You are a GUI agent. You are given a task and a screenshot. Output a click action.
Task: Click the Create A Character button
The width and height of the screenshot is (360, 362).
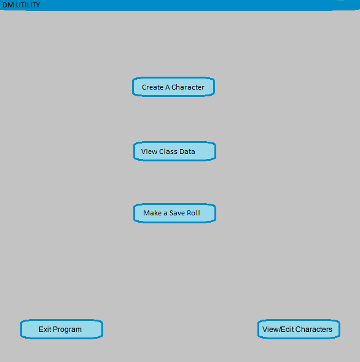[x=173, y=87]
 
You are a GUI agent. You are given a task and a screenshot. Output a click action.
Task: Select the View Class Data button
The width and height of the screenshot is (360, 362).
[x=174, y=151]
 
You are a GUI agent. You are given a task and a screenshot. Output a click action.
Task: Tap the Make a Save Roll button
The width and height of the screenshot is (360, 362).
[x=174, y=213]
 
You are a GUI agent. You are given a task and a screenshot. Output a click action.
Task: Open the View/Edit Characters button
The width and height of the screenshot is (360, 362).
[x=299, y=329]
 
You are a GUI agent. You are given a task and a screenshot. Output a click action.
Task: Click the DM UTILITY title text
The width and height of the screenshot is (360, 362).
[x=21, y=5]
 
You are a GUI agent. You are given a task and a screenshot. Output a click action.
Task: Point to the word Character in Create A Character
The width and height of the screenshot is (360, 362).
[x=188, y=87]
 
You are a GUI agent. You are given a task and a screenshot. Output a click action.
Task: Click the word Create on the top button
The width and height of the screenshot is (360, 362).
[x=152, y=87]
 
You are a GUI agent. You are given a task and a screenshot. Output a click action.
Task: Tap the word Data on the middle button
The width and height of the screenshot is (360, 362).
[x=186, y=152]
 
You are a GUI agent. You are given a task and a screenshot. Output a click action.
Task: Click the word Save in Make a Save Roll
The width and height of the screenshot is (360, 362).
[x=177, y=213]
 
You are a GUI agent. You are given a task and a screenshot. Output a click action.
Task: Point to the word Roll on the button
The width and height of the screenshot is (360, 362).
[x=194, y=213]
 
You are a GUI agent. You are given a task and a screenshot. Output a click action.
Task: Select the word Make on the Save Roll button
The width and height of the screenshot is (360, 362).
[x=152, y=213]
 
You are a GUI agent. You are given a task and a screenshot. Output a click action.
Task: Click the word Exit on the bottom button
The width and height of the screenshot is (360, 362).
[x=45, y=329]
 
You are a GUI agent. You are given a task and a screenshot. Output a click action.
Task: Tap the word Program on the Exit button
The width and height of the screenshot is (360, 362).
[x=68, y=329]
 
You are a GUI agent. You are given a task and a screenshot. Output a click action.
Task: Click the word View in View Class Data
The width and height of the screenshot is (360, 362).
[x=149, y=152]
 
